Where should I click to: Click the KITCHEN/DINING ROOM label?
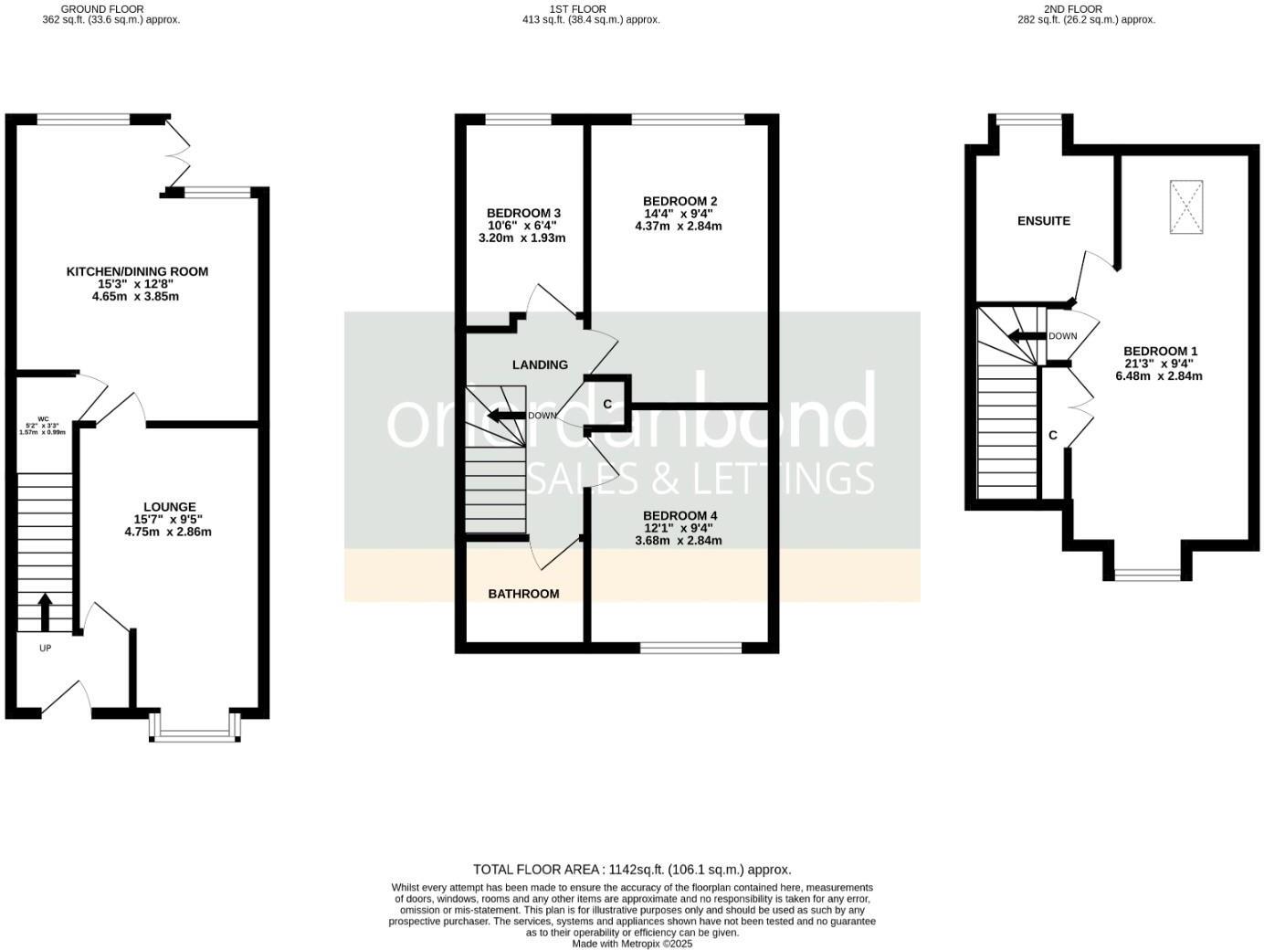coord(137,271)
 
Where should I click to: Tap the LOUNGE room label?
coord(169,507)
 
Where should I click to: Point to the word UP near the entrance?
coord(45,649)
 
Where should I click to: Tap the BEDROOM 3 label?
coord(523,213)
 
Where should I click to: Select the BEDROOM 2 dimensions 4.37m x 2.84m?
coord(678,227)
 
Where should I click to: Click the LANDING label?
coord(540,364)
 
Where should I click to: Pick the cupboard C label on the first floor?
coord(607,404)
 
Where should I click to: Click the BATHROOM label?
coord(523,594)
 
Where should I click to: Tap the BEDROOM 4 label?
coord(679,515)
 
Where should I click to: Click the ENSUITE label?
coord(1044,221)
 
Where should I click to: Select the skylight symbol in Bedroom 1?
coord(1185,207)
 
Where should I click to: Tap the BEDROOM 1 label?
coord(1160,351)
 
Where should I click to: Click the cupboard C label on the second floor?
coord(1053,436)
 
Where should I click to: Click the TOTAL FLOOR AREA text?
coord(631,870)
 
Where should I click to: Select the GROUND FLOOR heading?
coord(102,9)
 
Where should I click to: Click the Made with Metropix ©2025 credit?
coord(632,944)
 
